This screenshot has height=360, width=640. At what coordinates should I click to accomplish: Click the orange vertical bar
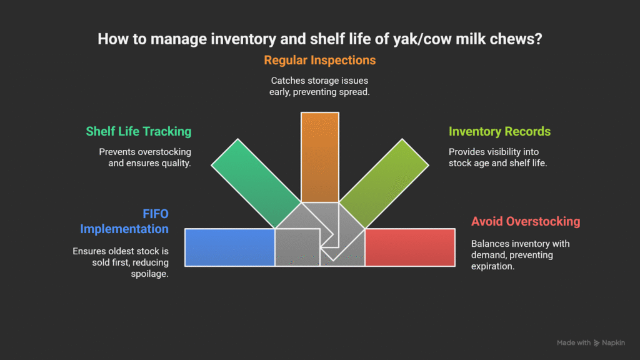coord(320,157)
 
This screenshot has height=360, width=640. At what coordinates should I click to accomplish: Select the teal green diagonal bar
coord(256,183)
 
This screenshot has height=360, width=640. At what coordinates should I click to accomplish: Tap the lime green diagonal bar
coord(384,183)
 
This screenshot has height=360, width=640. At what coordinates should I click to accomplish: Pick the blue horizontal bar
coord(230,247)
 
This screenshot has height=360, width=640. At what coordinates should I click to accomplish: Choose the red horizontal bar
coord(410,247)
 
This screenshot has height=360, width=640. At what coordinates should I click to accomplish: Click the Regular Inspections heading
coord(319,61)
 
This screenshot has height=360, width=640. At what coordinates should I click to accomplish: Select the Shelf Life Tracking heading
coord(138,131)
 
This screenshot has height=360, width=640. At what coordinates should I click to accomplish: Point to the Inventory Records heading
coord(499,131)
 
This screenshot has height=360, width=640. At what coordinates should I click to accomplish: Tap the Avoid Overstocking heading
coord(526,221)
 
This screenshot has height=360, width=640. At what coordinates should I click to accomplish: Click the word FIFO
coord(156,214)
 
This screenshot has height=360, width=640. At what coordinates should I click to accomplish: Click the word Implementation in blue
coord(124,229)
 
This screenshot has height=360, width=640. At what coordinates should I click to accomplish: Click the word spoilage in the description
coord(149,274)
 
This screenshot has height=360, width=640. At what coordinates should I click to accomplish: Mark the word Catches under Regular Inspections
coord(286,81)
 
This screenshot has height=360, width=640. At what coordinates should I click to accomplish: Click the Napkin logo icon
coord(596,343)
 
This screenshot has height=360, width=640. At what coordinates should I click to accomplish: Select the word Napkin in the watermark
coord(614,343)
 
